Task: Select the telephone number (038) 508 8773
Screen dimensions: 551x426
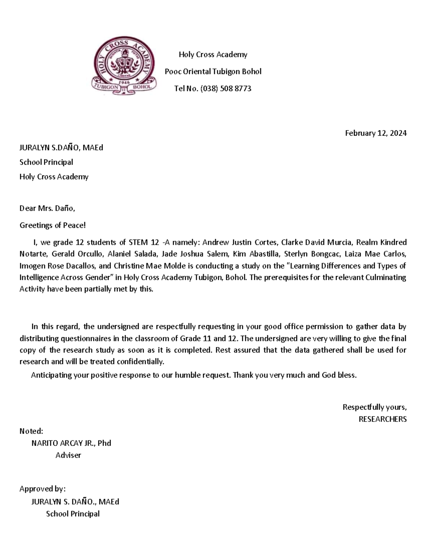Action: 225,88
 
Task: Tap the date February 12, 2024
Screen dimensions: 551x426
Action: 376,133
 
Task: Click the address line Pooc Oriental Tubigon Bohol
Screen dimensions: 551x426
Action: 213,71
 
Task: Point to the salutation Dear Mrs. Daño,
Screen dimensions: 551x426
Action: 47,208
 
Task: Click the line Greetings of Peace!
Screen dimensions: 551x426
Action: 53,225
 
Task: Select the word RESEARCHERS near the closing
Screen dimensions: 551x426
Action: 382,419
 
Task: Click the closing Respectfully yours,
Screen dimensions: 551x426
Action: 374,407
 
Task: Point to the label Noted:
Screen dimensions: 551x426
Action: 31,431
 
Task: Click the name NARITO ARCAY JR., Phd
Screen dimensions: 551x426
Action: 71,443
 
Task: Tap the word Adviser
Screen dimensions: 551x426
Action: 68,455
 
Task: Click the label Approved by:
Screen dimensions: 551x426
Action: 42,489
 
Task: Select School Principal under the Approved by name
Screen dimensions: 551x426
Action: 73,513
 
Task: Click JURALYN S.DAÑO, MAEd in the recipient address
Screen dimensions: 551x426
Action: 61,148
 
